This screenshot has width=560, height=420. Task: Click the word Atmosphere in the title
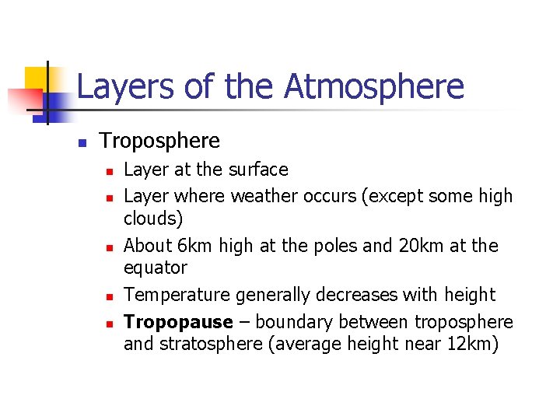click(373, 86)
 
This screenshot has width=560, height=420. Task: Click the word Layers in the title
click(125, 86)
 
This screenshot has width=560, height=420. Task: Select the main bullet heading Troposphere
click(159, 141)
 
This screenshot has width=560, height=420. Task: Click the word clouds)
click(153, 219)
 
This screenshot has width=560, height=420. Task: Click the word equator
click(156, 268)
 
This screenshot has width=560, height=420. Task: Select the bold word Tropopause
click(178, 322)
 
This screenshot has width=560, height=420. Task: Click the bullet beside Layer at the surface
click(110, 171)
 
